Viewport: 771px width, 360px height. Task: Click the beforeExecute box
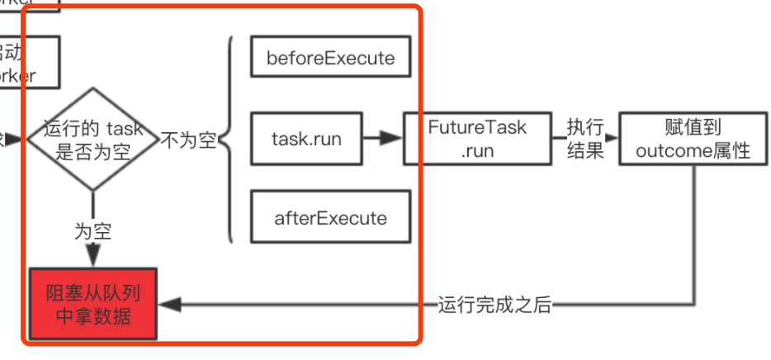[330, 59]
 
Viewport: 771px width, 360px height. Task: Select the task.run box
[305, 139]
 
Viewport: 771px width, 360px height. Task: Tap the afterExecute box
[330, 218]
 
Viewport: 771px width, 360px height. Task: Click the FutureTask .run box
[477, 139]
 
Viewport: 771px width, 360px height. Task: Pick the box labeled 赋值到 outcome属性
[693, 139]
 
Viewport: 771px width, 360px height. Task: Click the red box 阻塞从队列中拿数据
[92, 305]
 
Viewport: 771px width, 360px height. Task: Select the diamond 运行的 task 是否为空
[92, 139]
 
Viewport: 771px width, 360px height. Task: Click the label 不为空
[188, 140]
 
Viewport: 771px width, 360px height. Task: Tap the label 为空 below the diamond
[92, 232]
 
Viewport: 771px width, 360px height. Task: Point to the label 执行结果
[585, 139]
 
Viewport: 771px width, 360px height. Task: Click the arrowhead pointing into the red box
[165, 305]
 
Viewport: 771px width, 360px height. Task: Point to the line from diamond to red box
[92, 206]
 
